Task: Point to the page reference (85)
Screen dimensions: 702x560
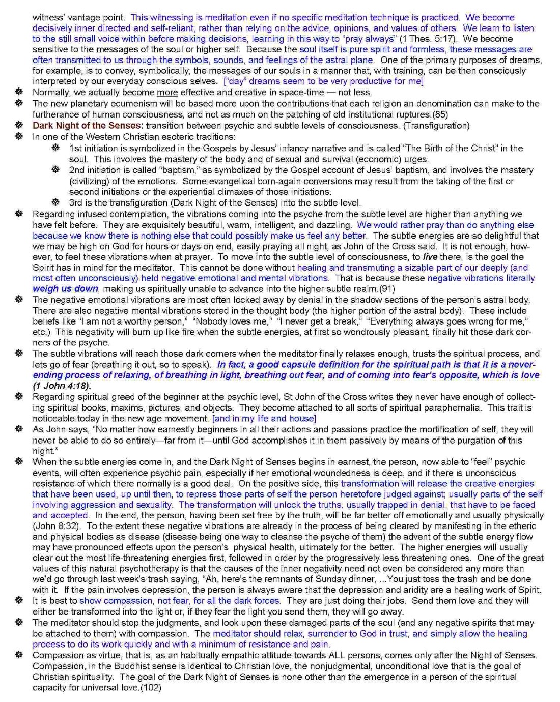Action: point(440,114)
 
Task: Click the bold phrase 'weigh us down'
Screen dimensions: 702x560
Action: point(65,289)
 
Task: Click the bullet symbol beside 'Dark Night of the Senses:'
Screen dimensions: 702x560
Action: point(19,126)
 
